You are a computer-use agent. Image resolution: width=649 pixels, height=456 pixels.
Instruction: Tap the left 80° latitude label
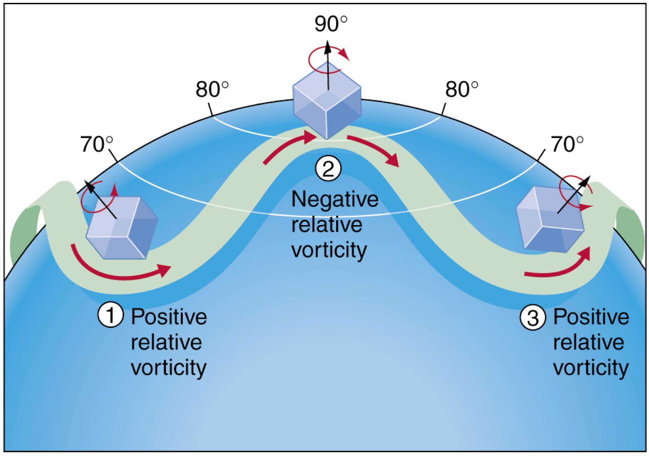pos(212,89)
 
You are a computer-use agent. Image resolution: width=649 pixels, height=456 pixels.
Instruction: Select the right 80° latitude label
pos(461,89)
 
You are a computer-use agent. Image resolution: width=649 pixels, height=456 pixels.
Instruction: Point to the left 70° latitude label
pos(96,144)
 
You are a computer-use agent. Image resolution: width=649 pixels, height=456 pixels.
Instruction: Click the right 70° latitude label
pos(567,144)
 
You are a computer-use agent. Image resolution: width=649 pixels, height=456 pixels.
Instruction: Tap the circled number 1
pos(111,315)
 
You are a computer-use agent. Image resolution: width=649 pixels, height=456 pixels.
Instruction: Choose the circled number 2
pos(328,169)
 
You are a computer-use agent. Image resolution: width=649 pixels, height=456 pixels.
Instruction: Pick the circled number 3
pos(533,318)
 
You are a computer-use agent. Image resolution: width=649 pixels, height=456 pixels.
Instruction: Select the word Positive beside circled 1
pos(169,317)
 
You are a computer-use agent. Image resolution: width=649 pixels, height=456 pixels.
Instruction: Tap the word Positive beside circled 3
pos(591,317)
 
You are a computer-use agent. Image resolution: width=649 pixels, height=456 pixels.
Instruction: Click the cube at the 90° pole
pos(327,100)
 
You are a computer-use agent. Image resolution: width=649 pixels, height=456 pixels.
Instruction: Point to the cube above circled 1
pos(122,228)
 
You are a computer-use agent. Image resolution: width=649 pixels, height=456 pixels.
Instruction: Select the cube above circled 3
pos(550,220)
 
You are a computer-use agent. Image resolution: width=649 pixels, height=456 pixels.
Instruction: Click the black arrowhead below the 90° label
pos(328,47)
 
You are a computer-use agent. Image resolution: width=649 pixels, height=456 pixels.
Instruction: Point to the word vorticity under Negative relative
pos(329,250)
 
